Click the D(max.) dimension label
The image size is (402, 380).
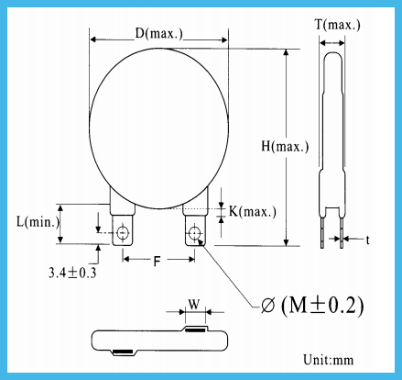[x=159, y=34]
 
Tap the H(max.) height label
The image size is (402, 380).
[x=285, y=147]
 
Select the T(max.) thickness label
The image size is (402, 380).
[x=338, y=25]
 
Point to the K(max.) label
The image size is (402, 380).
[x=253, y=211]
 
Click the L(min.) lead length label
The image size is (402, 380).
[x=38, y=221]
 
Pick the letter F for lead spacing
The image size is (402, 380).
[x=157, y=262]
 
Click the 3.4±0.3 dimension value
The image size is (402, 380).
[x=72, y=273]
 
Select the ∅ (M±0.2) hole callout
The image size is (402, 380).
[x=312, y=306]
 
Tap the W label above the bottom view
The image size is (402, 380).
[x=194, y=304]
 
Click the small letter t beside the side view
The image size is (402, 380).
[x=368, y=240]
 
